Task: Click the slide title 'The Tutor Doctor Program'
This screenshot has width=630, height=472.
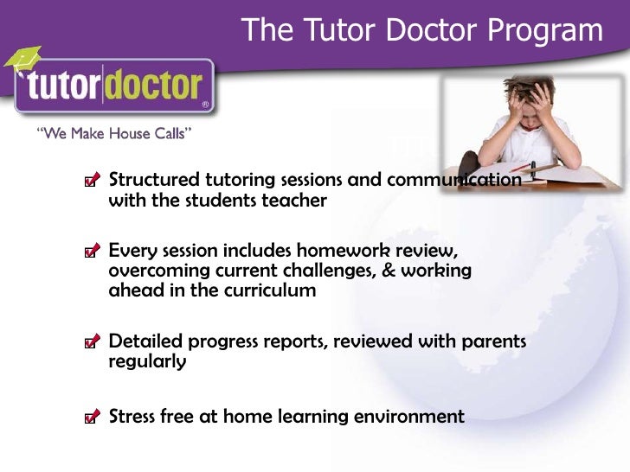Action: pyautogui.click(x=421, y=30)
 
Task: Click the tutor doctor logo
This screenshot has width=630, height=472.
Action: pyautogui.click(x=112, y=86)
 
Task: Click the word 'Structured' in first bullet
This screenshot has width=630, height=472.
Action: pyautogui.click(x=153, y=180)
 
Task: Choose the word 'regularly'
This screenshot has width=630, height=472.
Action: pyautogui.click(x=147, y=362)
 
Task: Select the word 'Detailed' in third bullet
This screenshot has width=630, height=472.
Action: pyautogui.click(x=144, y=341)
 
